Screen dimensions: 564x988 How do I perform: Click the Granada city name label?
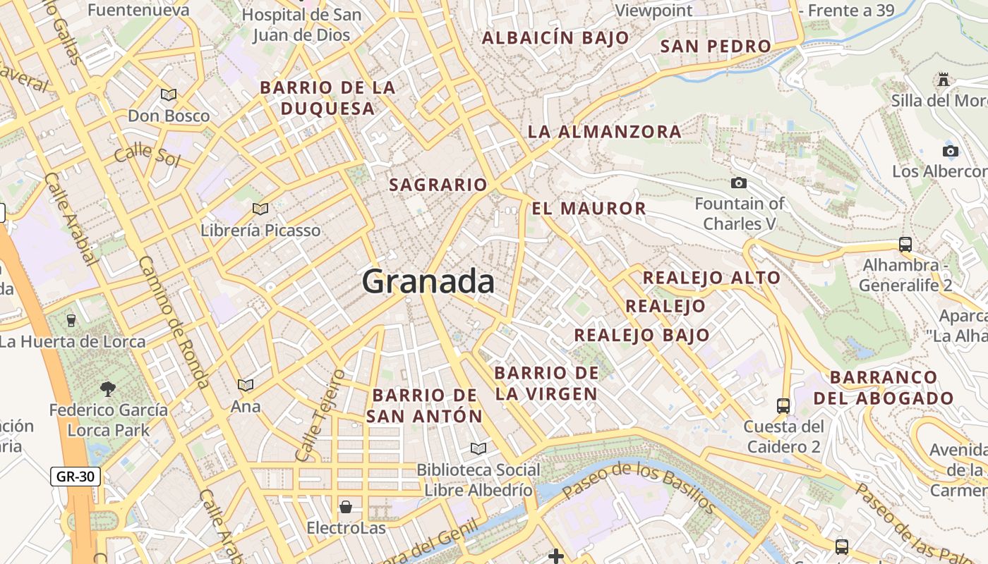428,282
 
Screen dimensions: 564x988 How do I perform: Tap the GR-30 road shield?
76,477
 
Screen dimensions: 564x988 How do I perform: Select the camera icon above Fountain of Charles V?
739,183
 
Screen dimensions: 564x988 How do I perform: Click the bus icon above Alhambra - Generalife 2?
905,245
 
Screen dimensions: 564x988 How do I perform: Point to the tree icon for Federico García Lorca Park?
108,388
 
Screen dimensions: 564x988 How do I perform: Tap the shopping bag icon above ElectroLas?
346,507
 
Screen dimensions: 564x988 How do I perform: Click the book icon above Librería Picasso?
260,209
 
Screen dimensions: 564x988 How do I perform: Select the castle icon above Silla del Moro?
944,80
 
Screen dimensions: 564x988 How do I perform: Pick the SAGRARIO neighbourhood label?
438,185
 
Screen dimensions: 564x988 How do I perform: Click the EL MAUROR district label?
589,209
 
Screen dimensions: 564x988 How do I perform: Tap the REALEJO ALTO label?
711,278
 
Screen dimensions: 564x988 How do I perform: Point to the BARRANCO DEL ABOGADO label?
884,388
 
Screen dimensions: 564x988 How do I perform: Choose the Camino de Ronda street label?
174,321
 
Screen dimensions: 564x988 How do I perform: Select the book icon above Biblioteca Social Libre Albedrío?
478,448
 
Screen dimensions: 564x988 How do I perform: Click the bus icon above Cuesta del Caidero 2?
783,405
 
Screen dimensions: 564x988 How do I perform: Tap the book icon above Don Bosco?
168,94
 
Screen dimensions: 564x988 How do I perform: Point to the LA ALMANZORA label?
605,132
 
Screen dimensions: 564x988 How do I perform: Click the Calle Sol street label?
147,154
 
